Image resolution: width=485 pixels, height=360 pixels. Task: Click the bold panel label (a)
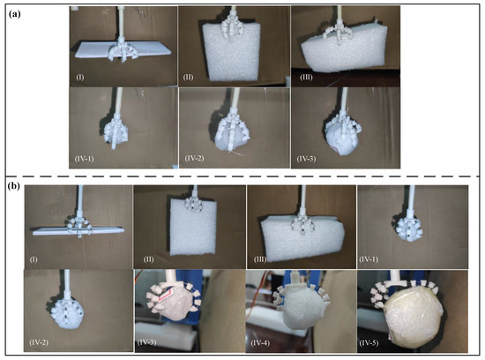point(15,14)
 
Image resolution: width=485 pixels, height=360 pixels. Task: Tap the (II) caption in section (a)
point(188,77)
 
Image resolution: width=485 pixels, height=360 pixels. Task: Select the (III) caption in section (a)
point(306,77)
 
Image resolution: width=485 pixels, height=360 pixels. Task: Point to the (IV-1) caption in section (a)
point(84,159)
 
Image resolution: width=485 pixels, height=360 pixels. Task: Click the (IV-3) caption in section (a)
point(306,159)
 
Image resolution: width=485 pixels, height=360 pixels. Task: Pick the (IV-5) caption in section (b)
point(369,342)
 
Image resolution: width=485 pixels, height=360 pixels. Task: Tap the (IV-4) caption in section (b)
point(260,342)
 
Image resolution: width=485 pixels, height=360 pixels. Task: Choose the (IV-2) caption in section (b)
point(39,342)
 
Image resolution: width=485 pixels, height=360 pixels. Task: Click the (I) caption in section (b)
point(34,259)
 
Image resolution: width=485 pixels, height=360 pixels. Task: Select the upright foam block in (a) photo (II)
point(231,51)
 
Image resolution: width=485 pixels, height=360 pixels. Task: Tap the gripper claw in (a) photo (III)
point(338,33)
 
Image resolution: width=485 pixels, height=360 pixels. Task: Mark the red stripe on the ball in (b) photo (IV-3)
point(167,296)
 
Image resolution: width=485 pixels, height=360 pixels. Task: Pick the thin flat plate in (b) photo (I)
point(78,229)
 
